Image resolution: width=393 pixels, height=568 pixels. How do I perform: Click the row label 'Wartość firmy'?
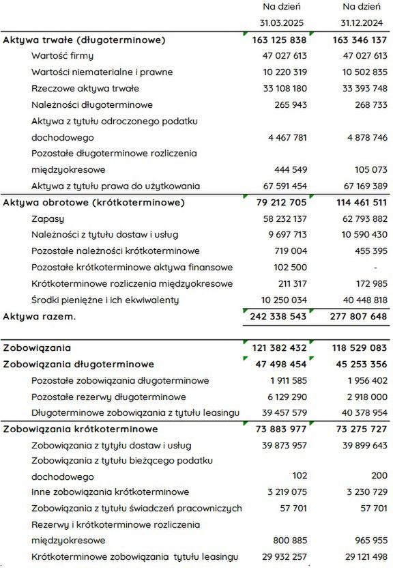[62, 55]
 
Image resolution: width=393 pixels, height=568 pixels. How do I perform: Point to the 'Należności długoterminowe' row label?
[91, 104]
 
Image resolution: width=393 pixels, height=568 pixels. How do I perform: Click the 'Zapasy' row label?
[48, 218]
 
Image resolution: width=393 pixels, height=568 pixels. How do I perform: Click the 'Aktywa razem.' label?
[40, 317]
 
